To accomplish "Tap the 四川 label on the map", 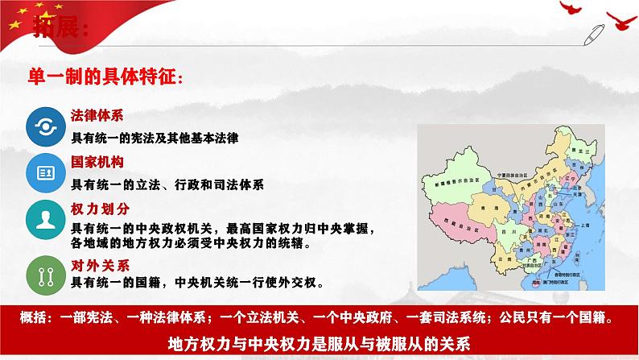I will tap(505, 231).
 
